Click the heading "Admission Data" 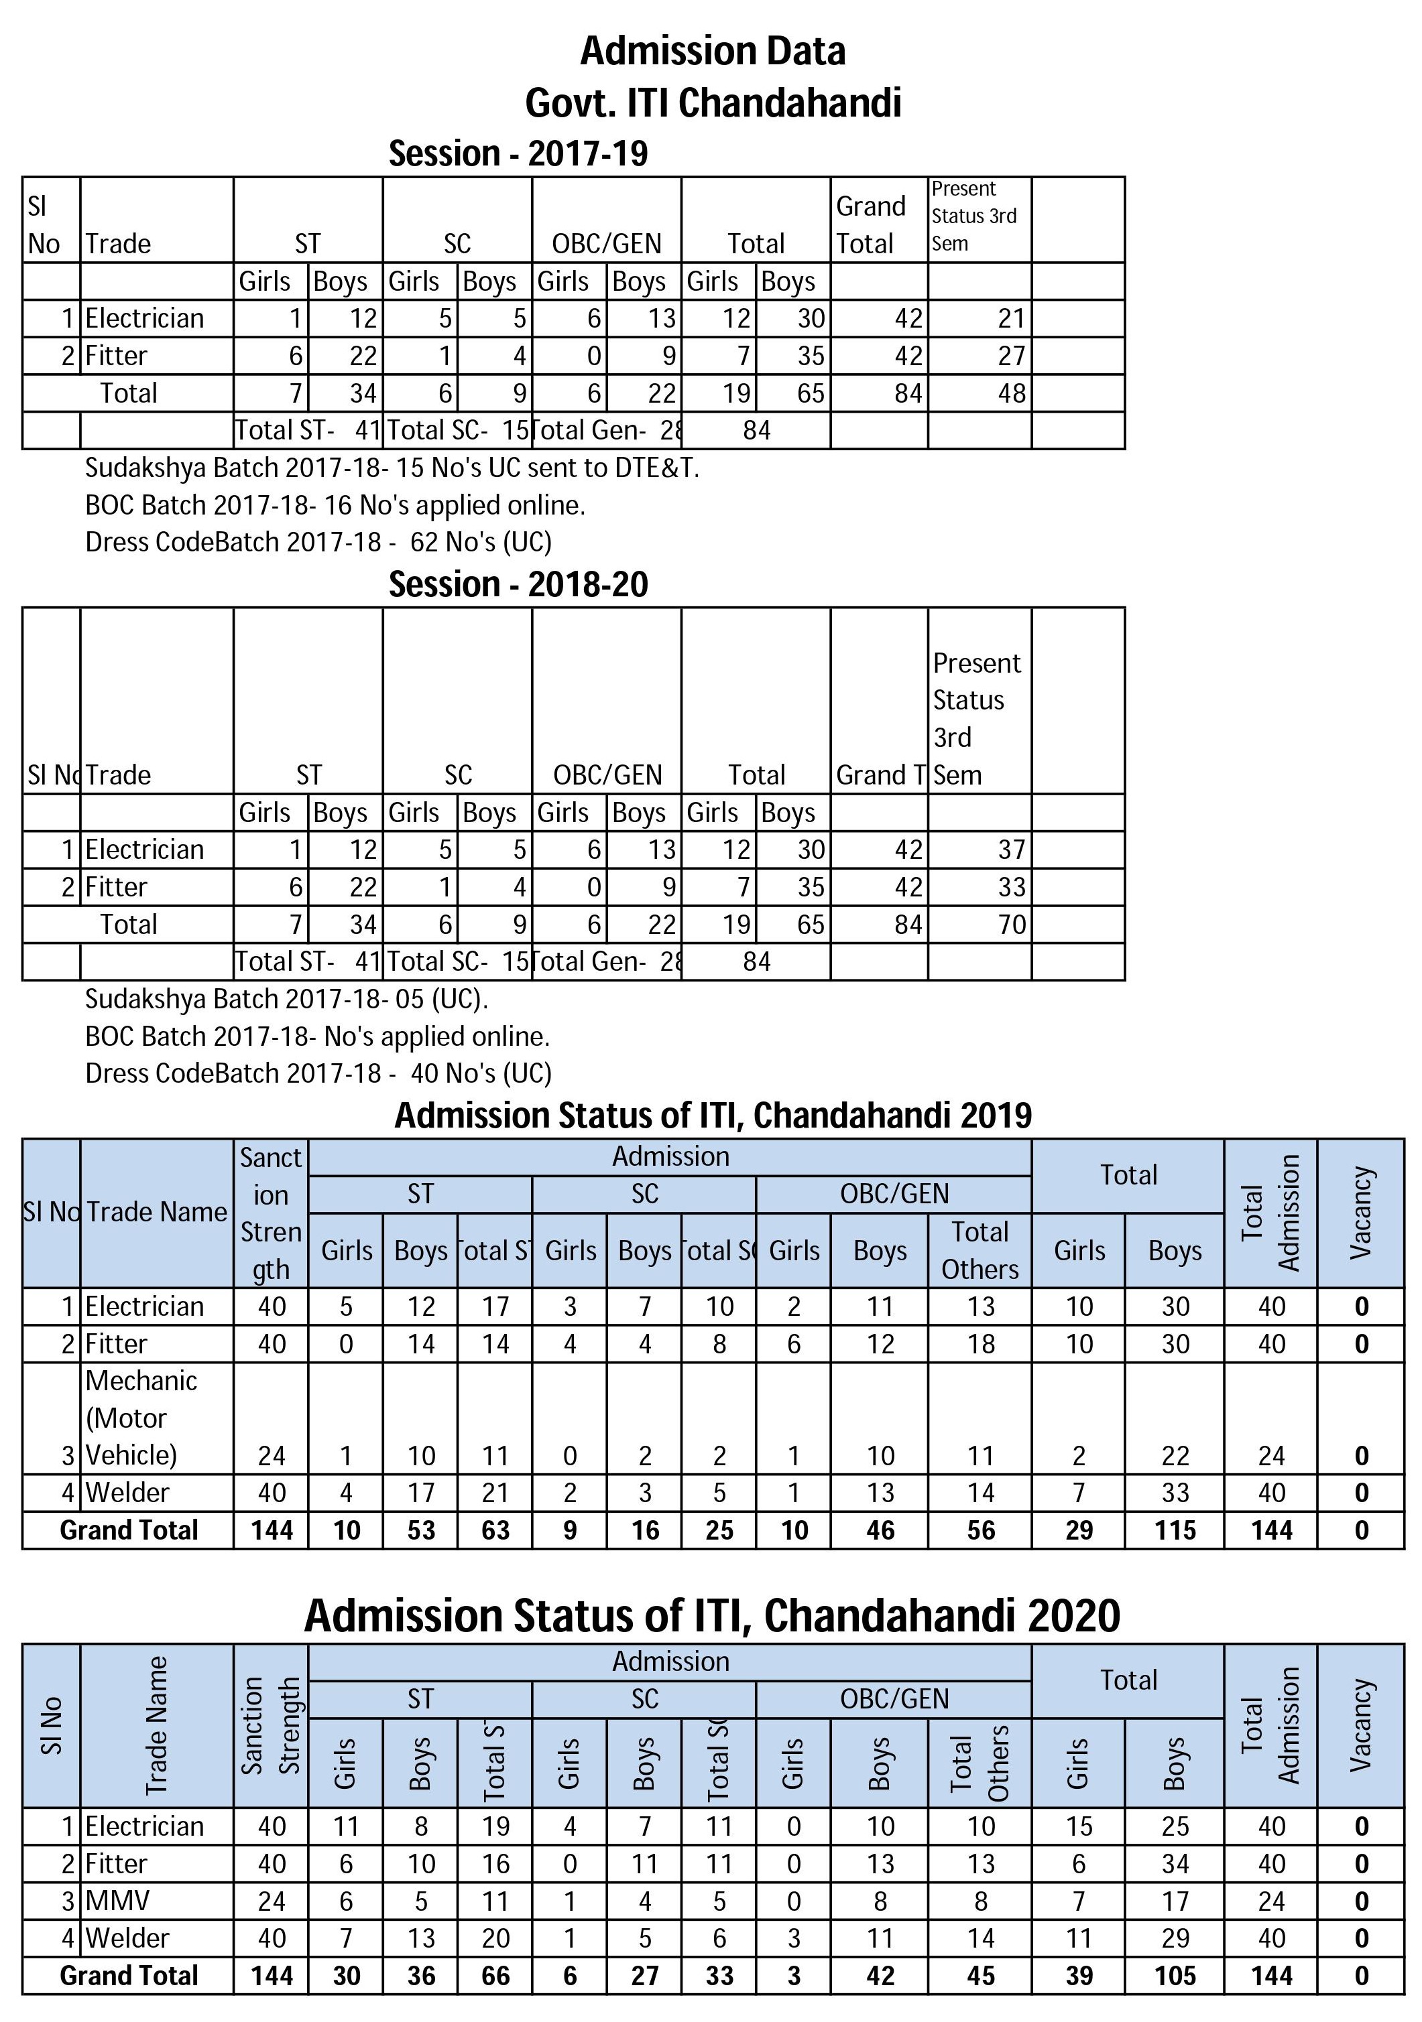(712, 51)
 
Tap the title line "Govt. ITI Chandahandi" (712, 103)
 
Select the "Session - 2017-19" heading (518, 153)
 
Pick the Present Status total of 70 (1012, 924)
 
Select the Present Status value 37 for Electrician (1012, 849)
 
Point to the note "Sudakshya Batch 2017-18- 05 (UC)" (286, 999)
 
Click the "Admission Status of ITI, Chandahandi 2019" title (712, 1115)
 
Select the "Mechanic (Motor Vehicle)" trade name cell (141, 1417)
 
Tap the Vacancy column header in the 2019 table (1360, 1212)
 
